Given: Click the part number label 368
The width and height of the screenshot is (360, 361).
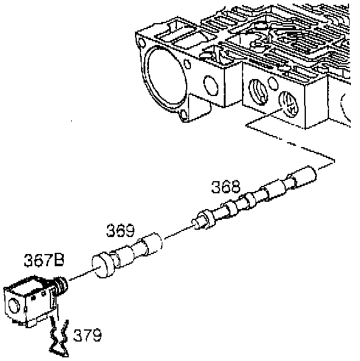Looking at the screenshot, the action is [x=226, y=187].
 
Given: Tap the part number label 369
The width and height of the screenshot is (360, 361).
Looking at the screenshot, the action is [x=120, y=230].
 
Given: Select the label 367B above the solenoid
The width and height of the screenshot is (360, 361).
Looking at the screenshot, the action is [x=44, y=260].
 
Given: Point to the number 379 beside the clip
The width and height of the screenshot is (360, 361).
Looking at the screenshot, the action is [x=88, y=335].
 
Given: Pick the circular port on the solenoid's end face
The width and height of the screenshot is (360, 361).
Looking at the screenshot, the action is [x=13, y=306].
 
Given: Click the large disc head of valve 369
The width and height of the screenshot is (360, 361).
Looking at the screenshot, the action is [x=103, y=266].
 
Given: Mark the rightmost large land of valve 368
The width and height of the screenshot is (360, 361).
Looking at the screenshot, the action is [x=304, y=176].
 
